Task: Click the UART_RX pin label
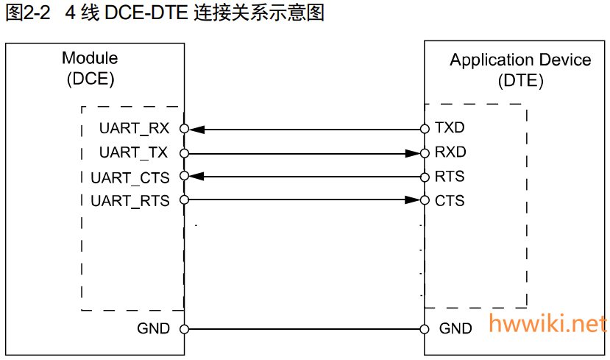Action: [x=134, y=129]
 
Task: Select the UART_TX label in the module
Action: [x=134, y=153]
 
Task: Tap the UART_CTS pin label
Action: [x=130, y=177]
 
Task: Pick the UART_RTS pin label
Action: [x=130, y=201]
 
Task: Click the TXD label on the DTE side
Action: [x=450, y=128]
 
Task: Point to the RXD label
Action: [x=450, y=152]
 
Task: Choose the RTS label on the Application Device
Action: [x=450, y=177]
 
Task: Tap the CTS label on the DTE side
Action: [x=450, y=200]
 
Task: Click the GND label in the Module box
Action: [x=153, y=329]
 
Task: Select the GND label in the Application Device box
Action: [x=455, y=329]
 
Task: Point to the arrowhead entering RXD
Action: [x=412, y=153]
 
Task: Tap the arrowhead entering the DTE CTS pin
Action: [x=412, y=200]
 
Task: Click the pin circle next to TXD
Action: [x=425, y=129]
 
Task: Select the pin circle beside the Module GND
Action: [x=184, y=329]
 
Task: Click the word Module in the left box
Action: [x=90, y=58]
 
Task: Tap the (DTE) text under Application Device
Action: [x=520, y=81]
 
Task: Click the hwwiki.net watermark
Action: [x=548, y=323]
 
